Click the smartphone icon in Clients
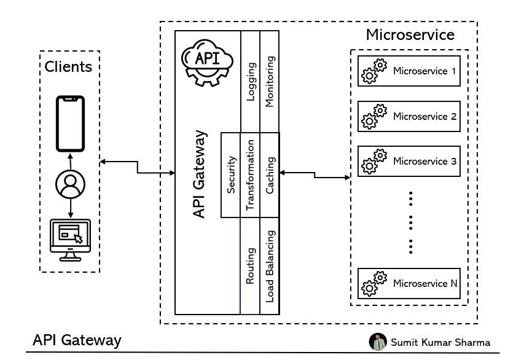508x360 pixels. (70, 123)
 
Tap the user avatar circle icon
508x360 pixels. (70, 183)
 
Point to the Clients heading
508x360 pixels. (69, 66)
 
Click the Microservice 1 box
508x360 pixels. (408, 71)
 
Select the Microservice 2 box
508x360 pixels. (408, 116)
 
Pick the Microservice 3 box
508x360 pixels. (408, 162)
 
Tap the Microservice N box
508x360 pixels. (408, 284)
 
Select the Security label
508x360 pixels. (231, 174)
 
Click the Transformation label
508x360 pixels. (250, 175)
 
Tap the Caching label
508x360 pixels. (270, 175)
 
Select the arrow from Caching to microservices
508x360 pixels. (315, 176)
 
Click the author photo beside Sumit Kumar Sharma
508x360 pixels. (377, 342)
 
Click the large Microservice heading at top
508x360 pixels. (410, 34)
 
